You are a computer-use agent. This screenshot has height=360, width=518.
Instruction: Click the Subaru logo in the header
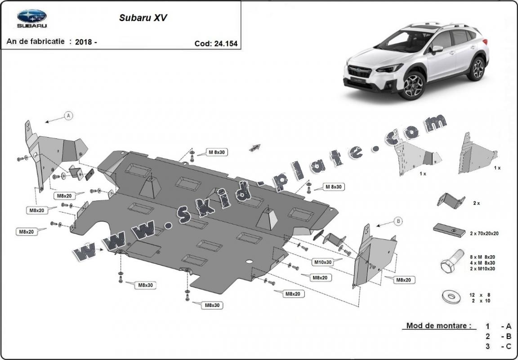coord(32,18)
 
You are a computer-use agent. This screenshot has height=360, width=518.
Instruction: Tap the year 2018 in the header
coord(84,42)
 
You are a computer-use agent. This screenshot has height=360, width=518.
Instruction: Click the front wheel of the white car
coord(413,85)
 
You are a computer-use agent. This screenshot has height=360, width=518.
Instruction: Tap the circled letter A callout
coord(69,116)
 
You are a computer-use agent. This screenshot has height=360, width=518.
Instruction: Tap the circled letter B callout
coord(398,221)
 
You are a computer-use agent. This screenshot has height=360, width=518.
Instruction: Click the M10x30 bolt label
coord(322,262)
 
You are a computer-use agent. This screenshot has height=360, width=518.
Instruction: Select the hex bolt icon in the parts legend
coord(450,262)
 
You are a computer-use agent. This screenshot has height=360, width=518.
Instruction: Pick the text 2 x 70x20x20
coord(483,233)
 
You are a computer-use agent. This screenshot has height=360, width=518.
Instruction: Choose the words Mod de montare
coord(438,325)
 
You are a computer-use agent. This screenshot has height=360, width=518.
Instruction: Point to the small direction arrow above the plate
coord(255,147)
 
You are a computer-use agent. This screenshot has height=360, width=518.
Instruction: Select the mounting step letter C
coord(509,346)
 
